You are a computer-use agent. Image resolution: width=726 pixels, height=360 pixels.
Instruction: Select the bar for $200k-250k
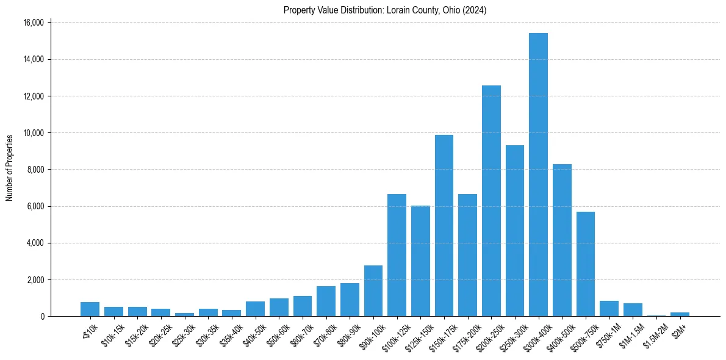[x=491, y=201]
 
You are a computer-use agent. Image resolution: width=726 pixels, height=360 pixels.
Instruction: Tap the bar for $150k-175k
[x=444, y=226]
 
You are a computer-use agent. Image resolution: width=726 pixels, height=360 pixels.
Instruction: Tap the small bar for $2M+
[x=680, y=314]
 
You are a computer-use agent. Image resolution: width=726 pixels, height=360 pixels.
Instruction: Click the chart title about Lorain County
[x=385, y=10]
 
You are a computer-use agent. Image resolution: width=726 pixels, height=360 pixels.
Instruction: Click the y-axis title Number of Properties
[x=10, y=168]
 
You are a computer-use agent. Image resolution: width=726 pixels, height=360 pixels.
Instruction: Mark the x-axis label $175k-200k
[x=465, y=336]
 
